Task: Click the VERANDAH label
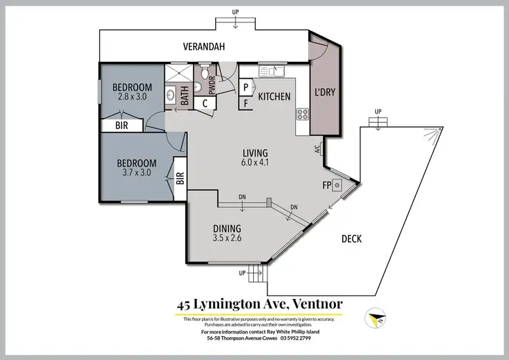pos(203,47)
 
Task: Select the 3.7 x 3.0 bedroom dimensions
pos(136,173)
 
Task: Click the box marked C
pos(204,103)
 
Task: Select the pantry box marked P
pos(246,87)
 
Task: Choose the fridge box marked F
pos(246,103)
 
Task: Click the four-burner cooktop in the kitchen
pos(301,113)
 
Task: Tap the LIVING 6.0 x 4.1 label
pos(254,157)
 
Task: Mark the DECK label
pos(351,238)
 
